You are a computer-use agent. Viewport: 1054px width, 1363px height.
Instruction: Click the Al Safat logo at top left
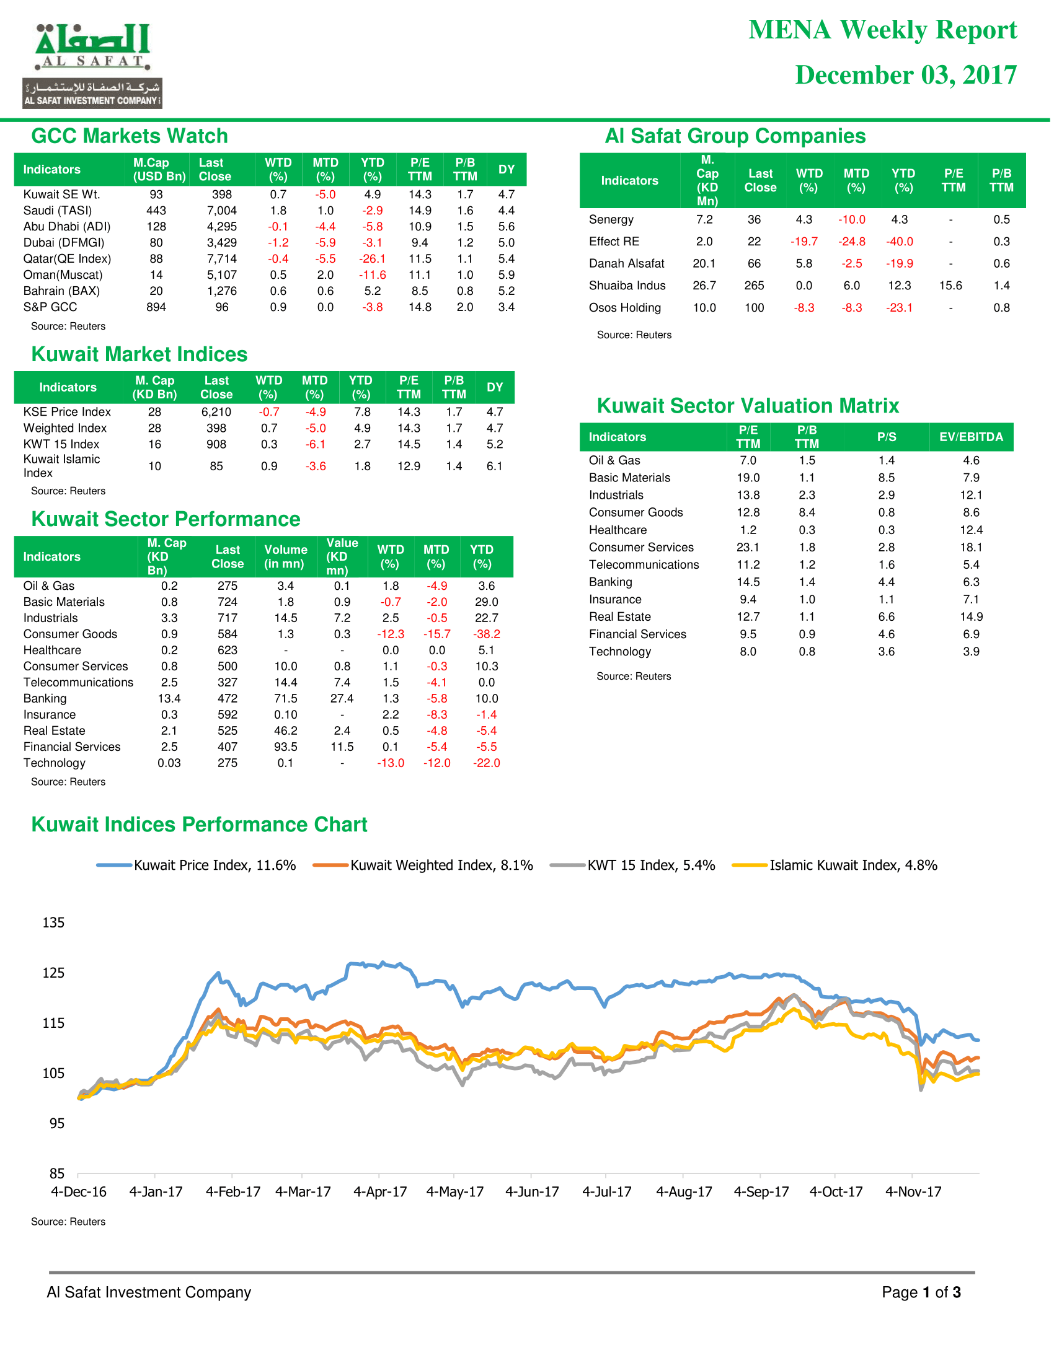92,66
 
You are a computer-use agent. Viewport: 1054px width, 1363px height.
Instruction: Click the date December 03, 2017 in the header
905,75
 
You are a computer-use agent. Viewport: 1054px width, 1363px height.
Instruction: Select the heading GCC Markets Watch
129,136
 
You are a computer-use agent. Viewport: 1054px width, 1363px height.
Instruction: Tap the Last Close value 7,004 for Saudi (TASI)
222,211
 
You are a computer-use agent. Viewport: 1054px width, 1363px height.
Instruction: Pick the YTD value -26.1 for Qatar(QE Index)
372,259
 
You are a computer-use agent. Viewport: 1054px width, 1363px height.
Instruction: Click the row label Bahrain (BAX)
61,291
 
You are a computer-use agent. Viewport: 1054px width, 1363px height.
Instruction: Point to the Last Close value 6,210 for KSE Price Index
216,412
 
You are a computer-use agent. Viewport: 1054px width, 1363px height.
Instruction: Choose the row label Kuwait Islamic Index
61,465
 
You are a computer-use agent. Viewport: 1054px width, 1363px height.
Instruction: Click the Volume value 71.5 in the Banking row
285,698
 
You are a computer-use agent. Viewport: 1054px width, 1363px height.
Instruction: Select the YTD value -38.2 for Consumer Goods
487,634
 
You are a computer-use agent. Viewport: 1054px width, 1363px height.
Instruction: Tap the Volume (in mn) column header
285,557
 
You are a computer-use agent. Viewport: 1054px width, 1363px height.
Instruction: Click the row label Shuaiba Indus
627,286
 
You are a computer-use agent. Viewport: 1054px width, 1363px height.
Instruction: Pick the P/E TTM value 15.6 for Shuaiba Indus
950,286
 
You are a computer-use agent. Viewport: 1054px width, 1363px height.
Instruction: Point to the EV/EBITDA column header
971,437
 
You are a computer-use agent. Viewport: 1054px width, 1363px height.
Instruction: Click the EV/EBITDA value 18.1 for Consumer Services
971,547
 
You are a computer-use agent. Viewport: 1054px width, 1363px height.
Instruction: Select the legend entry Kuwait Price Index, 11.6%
196,865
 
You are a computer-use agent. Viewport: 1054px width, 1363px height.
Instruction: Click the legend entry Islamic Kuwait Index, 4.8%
835,865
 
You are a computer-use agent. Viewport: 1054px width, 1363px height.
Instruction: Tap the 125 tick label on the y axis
53,973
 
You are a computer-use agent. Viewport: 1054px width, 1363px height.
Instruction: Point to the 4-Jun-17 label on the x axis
532,1192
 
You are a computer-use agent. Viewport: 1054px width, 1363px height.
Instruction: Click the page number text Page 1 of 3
921,1292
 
